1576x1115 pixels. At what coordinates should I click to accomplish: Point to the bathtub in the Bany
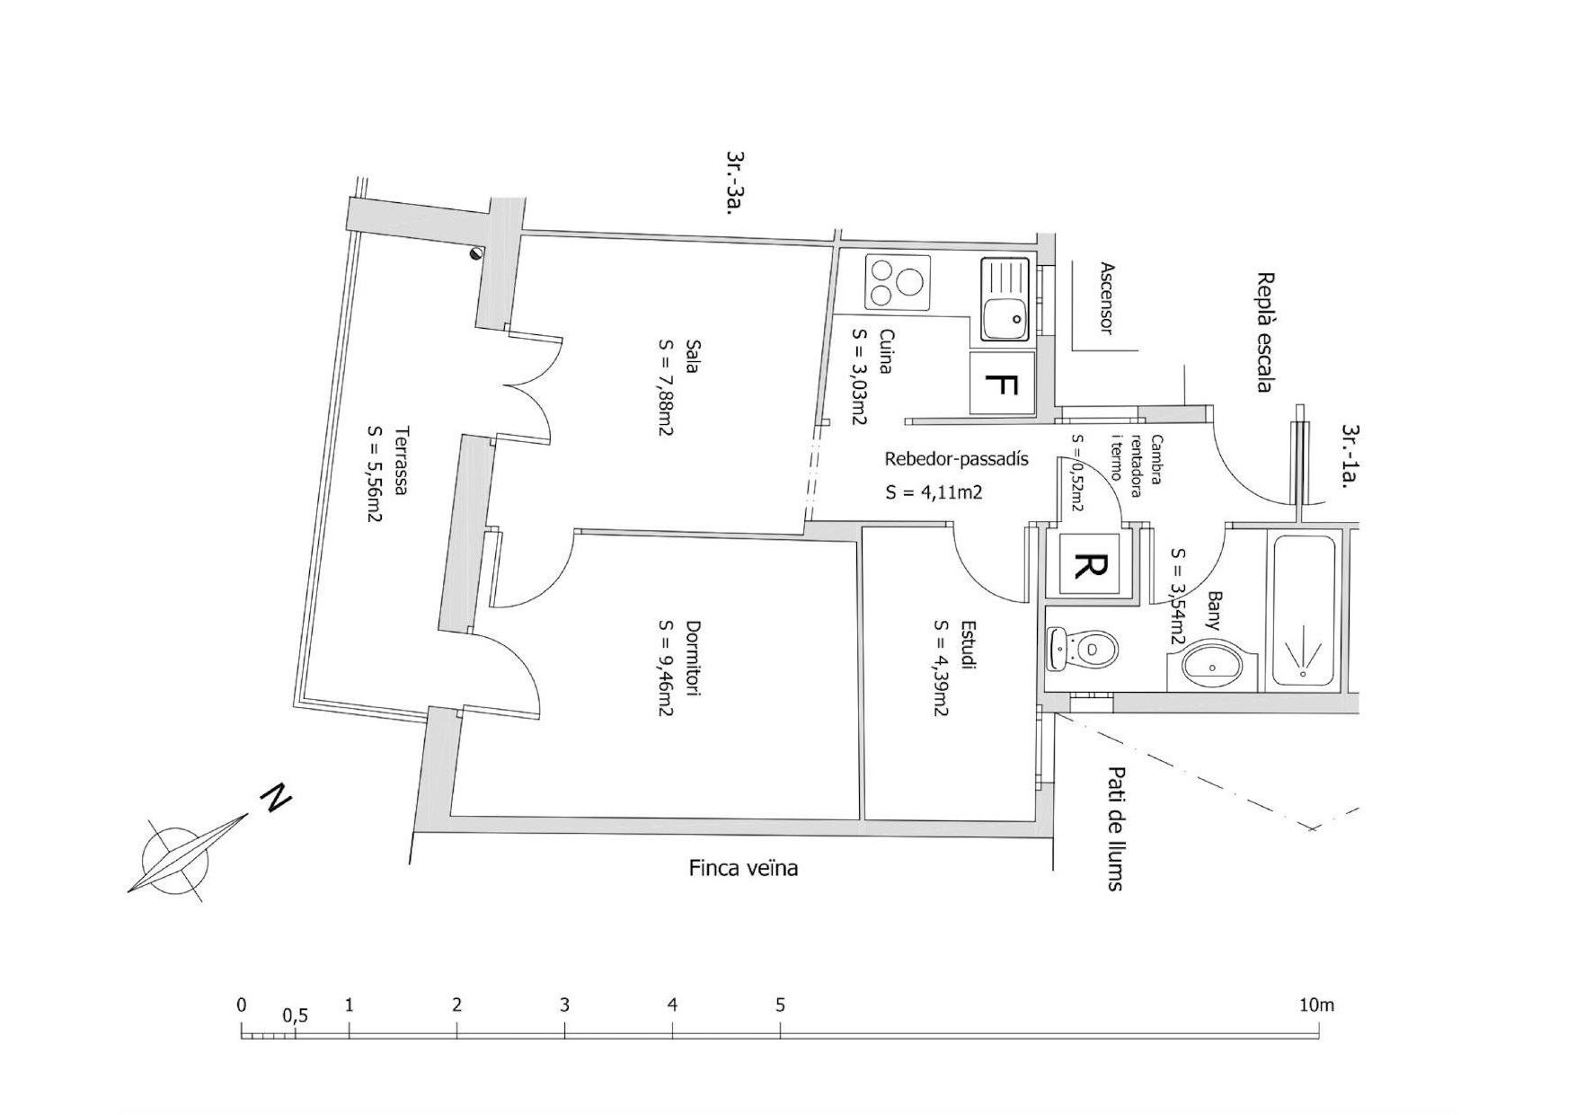coord(1303,610)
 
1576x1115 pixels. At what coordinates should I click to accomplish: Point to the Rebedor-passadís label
coord(956,459)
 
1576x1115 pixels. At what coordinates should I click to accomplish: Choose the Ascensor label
coord(1106,298)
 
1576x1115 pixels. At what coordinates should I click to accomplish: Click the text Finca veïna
coord(743,868)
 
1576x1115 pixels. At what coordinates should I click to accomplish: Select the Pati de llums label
coord(1116,828)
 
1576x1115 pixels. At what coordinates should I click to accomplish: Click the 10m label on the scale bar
coord(1316,1004)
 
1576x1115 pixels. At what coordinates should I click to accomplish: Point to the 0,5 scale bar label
coord(295,1016)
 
